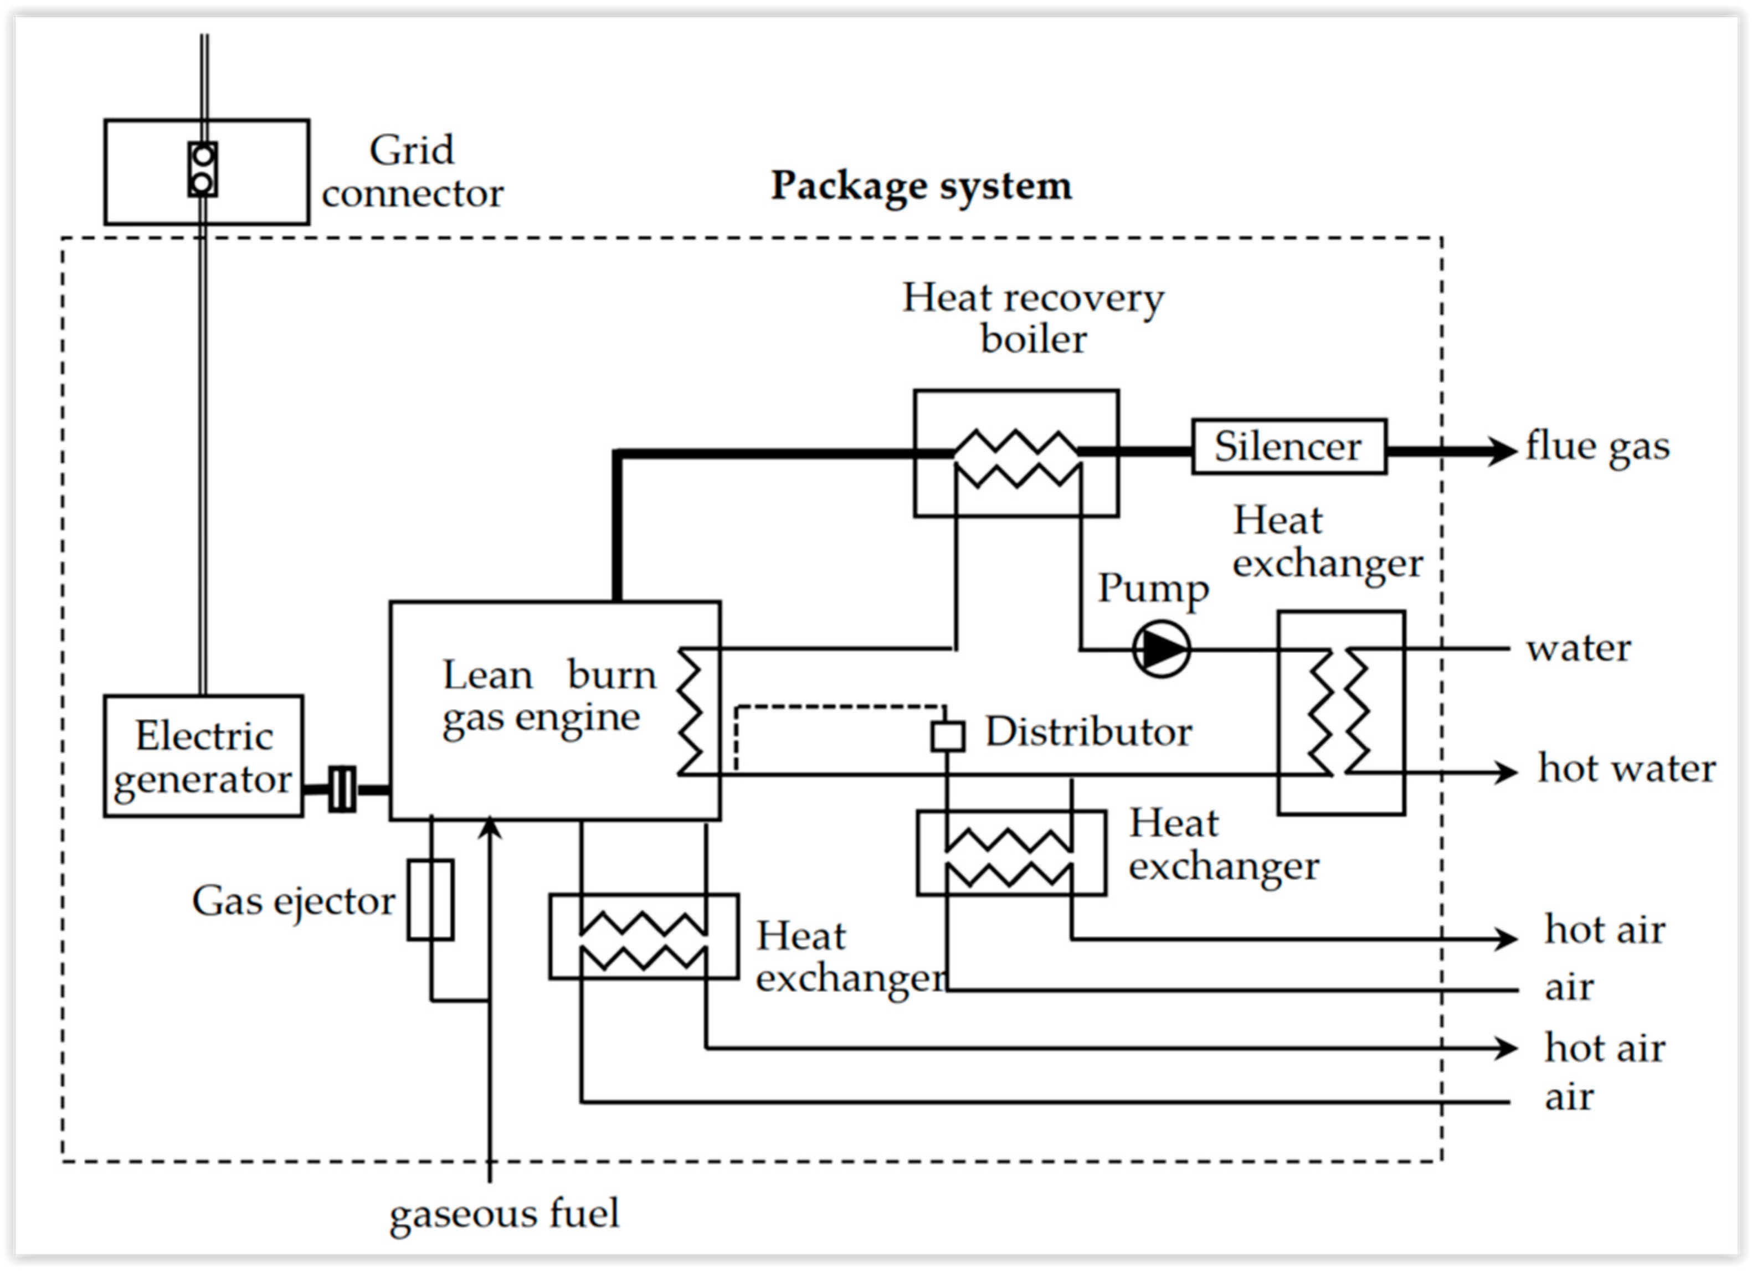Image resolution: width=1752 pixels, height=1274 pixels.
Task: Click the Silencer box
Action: [1288, 446]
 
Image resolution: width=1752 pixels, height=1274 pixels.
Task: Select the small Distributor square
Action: [947, 736]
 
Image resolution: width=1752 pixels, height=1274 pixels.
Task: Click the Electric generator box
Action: [203, 756]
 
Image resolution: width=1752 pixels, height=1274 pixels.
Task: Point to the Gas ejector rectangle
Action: [430, 900]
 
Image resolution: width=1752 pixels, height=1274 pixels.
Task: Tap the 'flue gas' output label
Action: [1597, 447]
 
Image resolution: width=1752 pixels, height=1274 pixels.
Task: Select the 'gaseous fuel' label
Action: [503, 1213]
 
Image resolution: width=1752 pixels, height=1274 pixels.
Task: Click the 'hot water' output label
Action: [1626, 768]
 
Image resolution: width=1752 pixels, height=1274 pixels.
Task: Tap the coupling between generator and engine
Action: [342, 788]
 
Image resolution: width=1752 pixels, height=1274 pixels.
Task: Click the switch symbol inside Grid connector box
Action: [202, 169]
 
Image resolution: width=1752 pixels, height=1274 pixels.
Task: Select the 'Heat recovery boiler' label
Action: [1033, 317]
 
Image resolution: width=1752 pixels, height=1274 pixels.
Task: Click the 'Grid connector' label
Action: [413, 172]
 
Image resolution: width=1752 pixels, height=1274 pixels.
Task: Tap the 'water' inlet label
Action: [1578, 648]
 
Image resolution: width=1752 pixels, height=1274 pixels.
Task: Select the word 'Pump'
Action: [1153, 589]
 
